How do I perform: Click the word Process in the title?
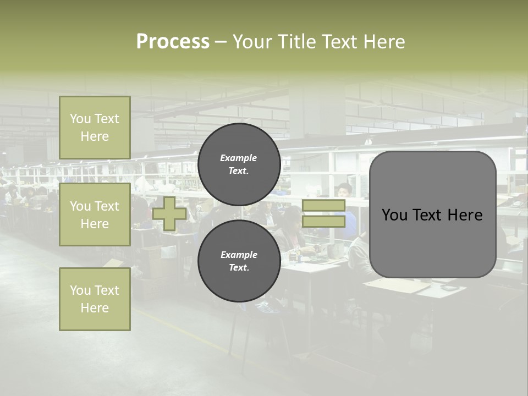click(x=173, y=42)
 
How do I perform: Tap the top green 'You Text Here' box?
click(x=95, y=128)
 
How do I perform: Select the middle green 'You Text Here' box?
click(x=95, y=215)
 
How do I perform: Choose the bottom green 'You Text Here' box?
click(x=95, y=299)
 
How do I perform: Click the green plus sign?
click(x=169, y=214)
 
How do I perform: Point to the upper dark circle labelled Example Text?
click(x=239, y=164)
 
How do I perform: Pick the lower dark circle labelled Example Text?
click(x=239, y=261)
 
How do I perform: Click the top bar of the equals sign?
click(x=323, y=206)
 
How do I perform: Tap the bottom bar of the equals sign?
click(x=323, y=222)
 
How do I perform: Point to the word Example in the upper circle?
click(x=239, y=158)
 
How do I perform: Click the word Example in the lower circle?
click(x=239, y=255)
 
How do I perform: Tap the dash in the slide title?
click(x=221, y=42)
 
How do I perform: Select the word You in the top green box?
click(x=80, y=119)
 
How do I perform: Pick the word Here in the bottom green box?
click(x=95, y=308)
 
